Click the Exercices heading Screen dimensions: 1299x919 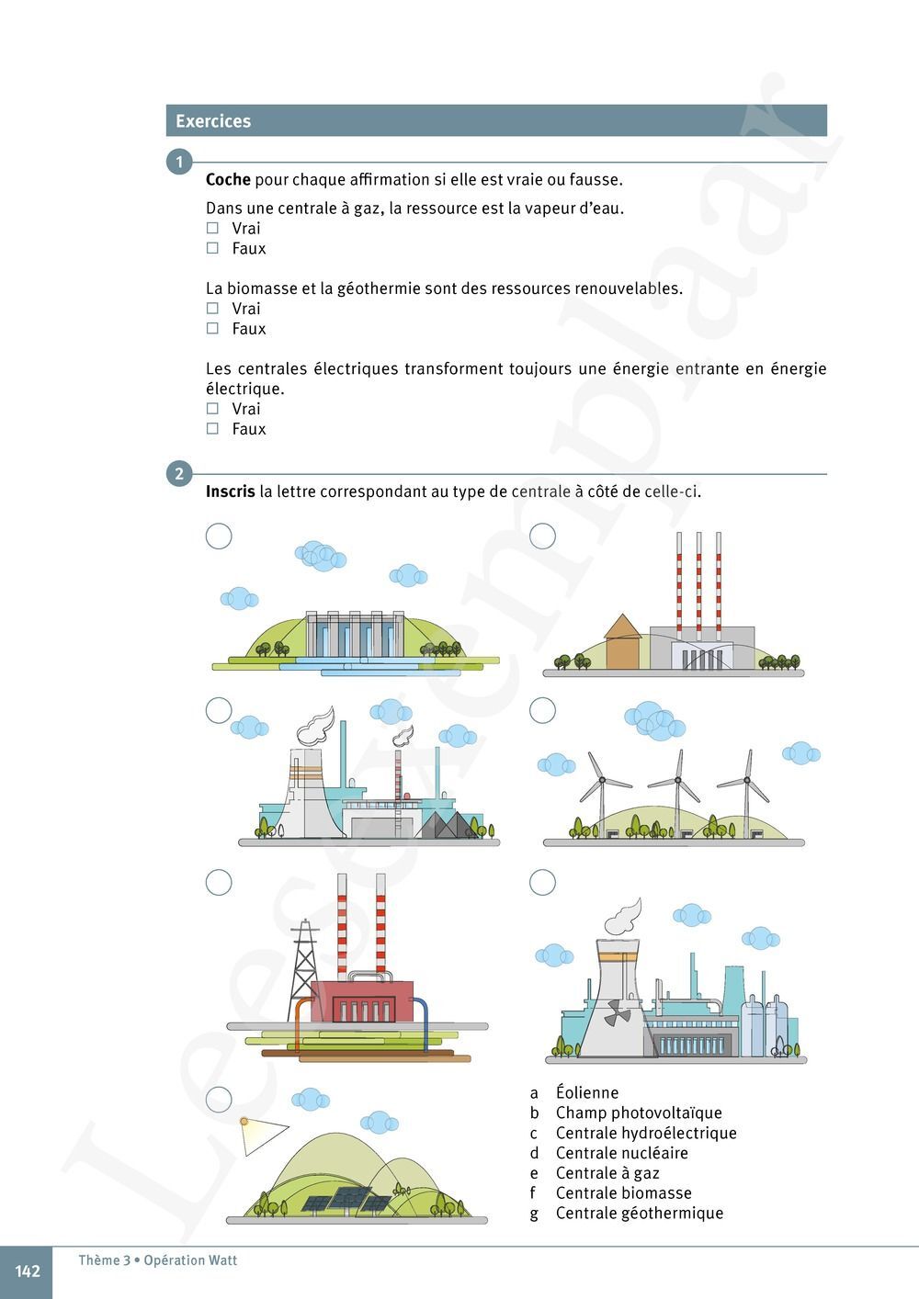point(213,121)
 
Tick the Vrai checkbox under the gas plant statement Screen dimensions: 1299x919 point(212,228)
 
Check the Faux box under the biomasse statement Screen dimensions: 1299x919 point(212,328)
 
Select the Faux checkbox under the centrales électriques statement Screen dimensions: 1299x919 point(212,428)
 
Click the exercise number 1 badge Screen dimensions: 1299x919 point(179,163)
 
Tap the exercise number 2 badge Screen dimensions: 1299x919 point(179,474)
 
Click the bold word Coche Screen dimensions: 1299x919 point(228,179)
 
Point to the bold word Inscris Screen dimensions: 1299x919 point(230,491)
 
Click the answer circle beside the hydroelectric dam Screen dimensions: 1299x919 point(219,536)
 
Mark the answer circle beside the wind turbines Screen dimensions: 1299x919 point(542,710)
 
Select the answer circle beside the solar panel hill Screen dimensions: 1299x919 point(219,1099)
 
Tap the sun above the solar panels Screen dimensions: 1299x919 point(244,1121)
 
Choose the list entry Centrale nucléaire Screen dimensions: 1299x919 point(621,1153)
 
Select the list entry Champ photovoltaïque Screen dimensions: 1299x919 point(639,1113)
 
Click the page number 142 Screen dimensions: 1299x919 point(28,1271)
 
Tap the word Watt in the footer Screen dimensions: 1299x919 point(221,1260)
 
